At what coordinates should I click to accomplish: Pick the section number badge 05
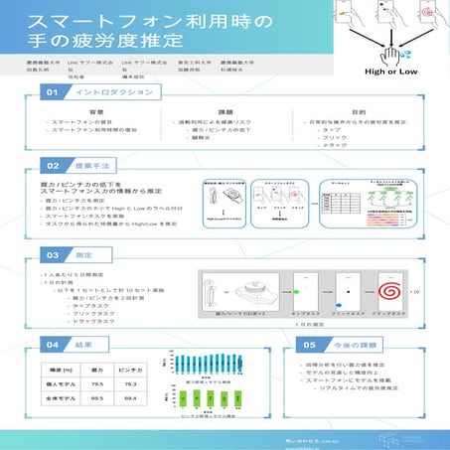point(309,344)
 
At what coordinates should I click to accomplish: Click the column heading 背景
point(96,112)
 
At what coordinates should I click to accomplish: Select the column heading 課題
point(225,112)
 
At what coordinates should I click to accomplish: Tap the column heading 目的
point(357,112)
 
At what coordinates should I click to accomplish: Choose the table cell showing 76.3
point(129,382)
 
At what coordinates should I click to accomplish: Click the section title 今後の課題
point(348,344)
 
